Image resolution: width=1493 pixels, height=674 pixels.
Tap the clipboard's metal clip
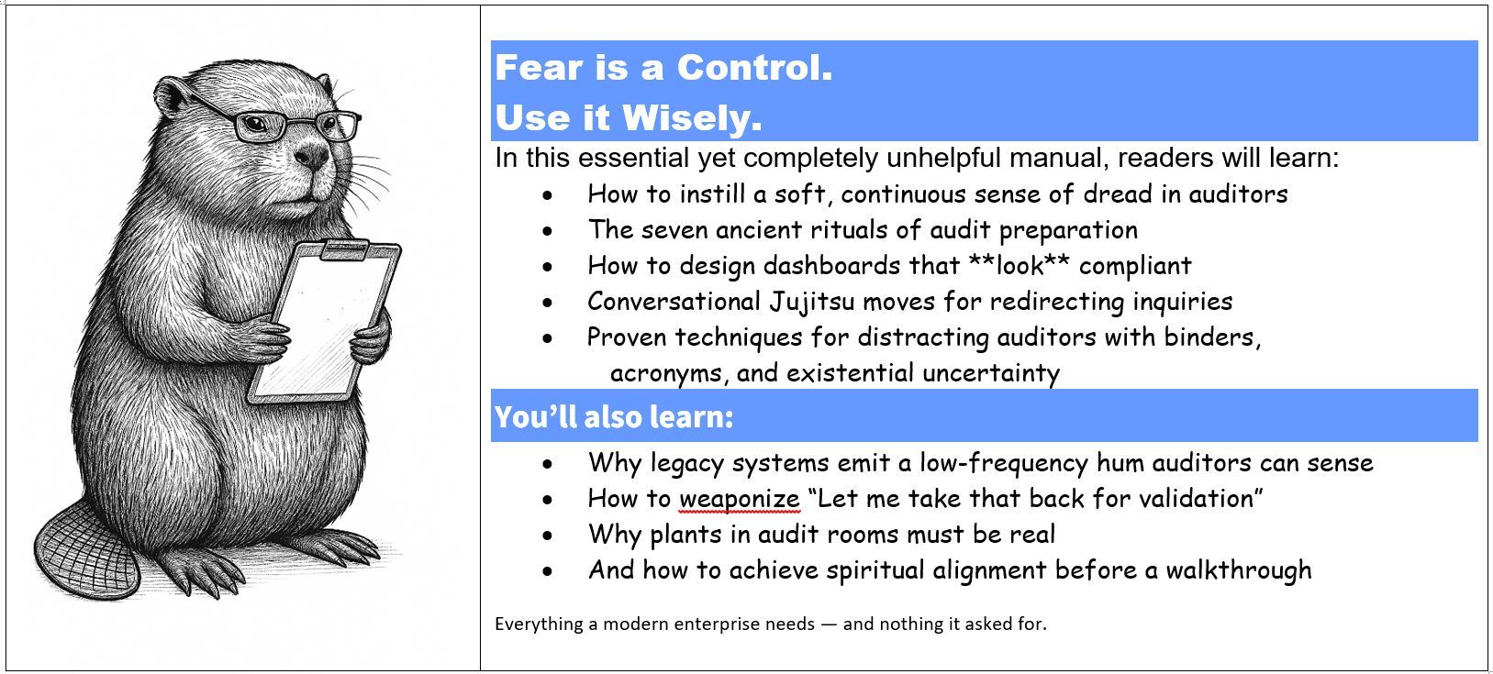point(347,248)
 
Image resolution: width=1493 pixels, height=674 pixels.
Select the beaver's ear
point(171,94)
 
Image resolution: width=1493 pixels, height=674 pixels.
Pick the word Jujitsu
point(809,301)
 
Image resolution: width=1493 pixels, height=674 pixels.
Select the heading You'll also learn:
point(614,417)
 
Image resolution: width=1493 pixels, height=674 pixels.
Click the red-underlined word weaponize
point(739,499)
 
